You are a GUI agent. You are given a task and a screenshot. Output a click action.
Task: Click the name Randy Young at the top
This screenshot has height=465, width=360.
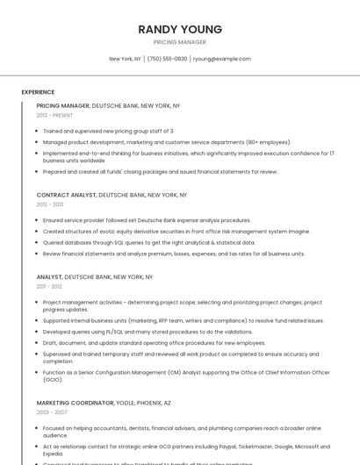(180, 29)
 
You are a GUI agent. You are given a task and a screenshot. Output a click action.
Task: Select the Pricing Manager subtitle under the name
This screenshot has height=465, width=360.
(180, 42)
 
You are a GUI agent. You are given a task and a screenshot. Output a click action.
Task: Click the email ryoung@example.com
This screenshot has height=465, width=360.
(222, 59)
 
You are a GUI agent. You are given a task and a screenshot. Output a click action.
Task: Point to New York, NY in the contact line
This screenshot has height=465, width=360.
(125, 59)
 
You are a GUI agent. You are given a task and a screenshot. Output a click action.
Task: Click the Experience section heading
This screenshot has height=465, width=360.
(38, 92)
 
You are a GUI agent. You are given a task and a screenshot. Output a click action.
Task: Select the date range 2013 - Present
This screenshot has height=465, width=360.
(54, 115)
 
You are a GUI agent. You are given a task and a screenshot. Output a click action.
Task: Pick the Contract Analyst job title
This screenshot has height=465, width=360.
(66, 195)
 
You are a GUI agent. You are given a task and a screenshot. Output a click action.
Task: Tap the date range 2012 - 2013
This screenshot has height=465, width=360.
(49, 204)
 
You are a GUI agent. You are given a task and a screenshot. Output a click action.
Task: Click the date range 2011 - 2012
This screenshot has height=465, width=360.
(49, 286)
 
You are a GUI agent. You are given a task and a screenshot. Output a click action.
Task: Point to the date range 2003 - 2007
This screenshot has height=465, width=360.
(52, 411)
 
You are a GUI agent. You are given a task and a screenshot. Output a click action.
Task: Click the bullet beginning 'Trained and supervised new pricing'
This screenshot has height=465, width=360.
(109, 131)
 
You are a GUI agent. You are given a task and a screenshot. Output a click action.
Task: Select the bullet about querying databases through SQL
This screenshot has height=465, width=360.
(149, 242)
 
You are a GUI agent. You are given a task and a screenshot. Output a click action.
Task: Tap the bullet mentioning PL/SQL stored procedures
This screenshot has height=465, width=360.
(148, 332)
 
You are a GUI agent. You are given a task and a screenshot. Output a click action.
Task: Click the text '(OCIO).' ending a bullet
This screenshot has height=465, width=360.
(53, 380)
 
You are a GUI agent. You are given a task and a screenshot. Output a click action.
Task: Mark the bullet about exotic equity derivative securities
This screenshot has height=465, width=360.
(176, 232)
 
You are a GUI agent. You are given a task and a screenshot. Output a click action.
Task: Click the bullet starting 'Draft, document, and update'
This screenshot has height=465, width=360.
(154, 343)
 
